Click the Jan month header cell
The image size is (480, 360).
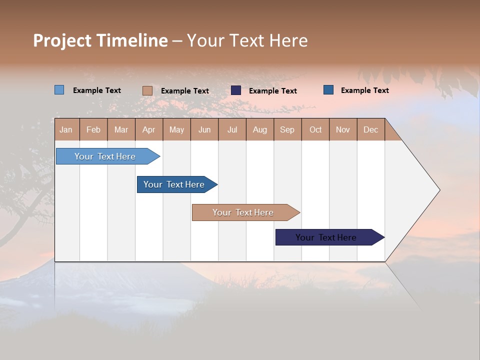click(66, 129)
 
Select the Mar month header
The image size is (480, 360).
click(121, 129)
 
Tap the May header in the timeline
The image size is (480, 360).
click(176, 129)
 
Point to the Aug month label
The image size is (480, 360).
click(259, 129)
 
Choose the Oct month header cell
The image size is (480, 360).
click(315, 129)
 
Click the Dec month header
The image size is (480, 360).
click(370, 129)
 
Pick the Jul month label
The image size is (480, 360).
click(232, 129)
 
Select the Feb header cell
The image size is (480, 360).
click(93, 129)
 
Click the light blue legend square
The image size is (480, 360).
click(59, 90)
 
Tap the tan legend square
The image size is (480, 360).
click(147, 90)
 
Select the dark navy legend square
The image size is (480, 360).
click(236, 90)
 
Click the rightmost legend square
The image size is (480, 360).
click(328, 90)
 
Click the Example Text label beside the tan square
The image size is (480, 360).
click(185, 91)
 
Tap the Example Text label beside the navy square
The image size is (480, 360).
click(273, 91)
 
